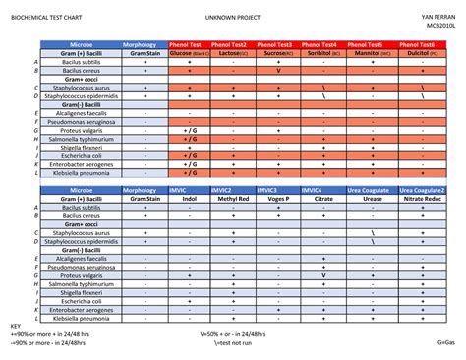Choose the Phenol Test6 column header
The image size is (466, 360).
[x=422, y=45]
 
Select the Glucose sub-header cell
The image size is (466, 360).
[x=189, y=54]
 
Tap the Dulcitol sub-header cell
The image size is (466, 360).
[x=422, y=54]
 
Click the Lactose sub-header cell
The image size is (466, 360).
[x=233, y=54]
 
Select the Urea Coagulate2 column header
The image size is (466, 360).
[x=422, y=189]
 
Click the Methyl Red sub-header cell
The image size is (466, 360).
[x=233, y=198]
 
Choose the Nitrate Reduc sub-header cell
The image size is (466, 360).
[x=422, y=198]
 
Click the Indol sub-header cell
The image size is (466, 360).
[x=189, y=198]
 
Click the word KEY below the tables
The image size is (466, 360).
[x=15, y=326]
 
